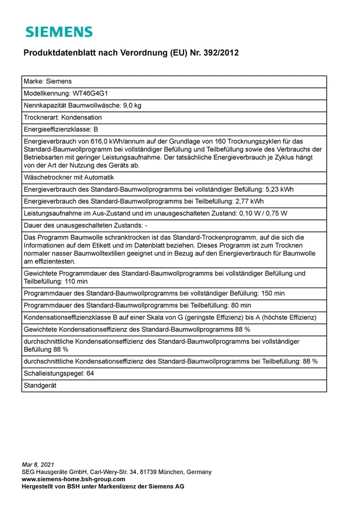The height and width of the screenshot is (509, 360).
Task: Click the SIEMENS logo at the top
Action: click(x=59, y=32)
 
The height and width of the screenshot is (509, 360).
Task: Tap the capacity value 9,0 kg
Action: click(x=132, y=105)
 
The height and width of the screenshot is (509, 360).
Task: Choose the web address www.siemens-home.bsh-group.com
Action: click(x=73, y=479)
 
